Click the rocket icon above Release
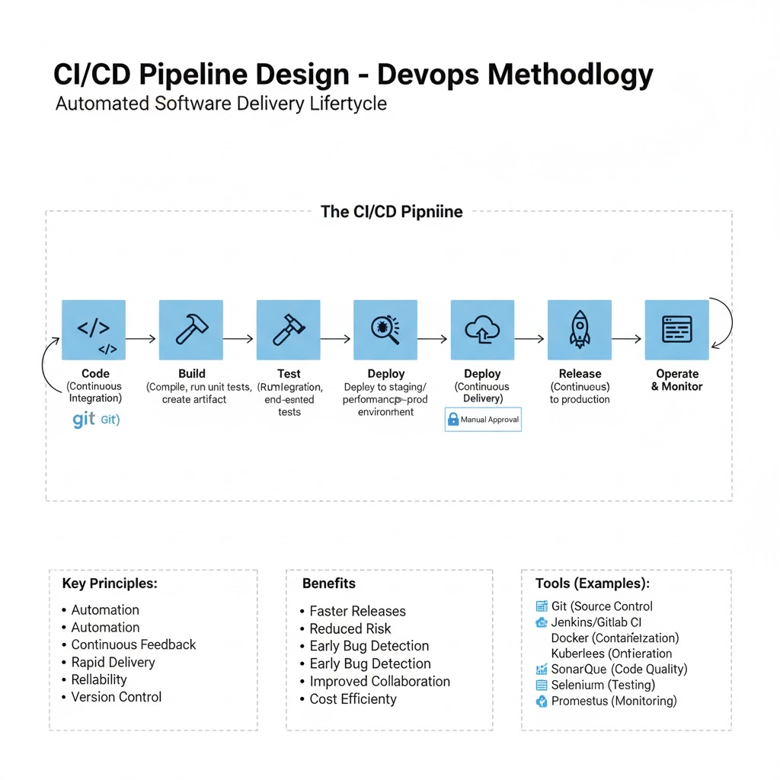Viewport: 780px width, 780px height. [580, 329]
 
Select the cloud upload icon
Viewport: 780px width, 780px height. [482, 329]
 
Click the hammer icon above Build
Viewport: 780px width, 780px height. [190, 329]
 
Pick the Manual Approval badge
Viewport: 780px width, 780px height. [483, 419]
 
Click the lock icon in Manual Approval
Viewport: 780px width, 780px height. [453, 419]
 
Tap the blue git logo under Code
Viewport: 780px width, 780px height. [84, 419]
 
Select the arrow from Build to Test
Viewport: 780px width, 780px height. [239, 339]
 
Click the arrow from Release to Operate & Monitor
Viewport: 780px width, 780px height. [628, 339]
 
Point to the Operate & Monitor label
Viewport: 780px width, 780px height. [677, 380]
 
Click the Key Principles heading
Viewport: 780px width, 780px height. [110, 583]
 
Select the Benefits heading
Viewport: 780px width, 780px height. [329, 583]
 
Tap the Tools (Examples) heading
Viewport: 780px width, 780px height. [593, 583]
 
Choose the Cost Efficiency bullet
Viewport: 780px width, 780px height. [353, 699]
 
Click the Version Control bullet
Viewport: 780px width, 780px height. [116, 697]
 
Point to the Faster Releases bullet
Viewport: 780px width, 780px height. [357, 611]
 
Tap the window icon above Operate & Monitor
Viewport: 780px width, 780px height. [677, 329]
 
